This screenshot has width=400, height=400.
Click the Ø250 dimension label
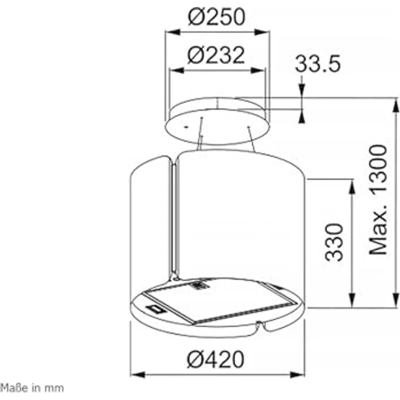217,17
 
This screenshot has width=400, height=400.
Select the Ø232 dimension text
216,55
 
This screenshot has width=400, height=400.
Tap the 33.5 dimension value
317,64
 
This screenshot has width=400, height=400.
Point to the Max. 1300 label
378,200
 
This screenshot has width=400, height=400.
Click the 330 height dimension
334,242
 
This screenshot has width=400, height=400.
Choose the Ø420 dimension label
216,359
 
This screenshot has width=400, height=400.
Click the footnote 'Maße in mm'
32,388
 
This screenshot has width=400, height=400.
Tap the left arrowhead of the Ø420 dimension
137,375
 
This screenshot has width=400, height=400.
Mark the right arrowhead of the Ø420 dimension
297,375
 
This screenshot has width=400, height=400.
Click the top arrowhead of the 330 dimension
352,186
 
